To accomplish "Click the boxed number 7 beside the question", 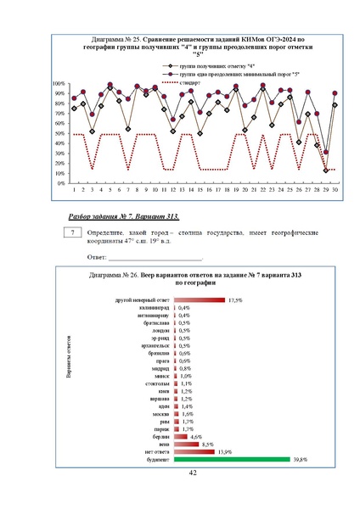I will [x=75, y=232].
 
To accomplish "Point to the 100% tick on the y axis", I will [x=59, y=84].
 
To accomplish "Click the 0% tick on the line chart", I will [x=62, y=183].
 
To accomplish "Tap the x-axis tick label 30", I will [x=335, y=191].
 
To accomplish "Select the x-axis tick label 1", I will [x=73, y=191].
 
